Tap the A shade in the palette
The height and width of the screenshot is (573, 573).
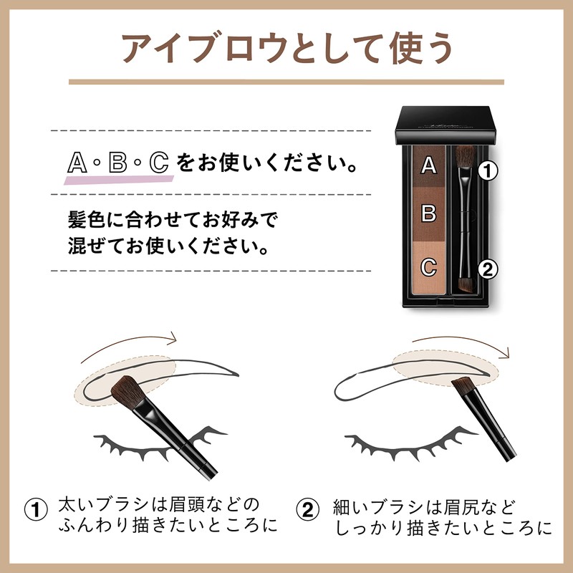(x=428, y=165)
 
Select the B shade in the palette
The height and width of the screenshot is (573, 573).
(x=428, y=213)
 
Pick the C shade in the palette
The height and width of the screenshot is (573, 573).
(x=428, y=267)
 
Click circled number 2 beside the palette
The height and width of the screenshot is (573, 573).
(x=487, y=269)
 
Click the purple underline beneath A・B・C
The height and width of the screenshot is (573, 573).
(x=118, y=178)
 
